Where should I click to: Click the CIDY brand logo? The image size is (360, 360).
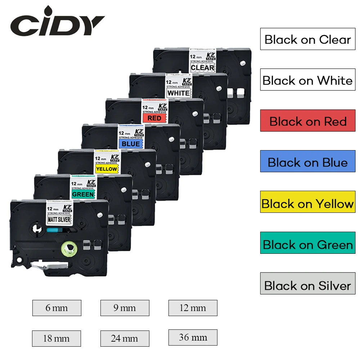point(57,24)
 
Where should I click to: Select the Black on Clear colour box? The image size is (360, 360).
point(307,39)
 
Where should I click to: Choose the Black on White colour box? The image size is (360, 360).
point(307,80)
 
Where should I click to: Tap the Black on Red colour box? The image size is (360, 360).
point(307,121)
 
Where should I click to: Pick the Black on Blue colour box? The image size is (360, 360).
point(307,162)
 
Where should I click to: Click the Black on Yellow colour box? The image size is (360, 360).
point(307,203)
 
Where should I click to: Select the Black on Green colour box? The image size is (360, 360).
point(307,244)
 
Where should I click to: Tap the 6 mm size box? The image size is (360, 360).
point(57,308)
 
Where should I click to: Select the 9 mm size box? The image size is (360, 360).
point(125,308)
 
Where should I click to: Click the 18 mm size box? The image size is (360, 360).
point(56,338)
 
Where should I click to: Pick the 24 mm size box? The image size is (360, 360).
point(125,338)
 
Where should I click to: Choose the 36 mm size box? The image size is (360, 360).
point(193,337)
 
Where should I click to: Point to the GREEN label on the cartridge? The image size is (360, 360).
point(83,195)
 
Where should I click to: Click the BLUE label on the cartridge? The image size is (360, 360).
point(130,144)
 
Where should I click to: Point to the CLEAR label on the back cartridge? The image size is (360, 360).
point(202,67)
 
